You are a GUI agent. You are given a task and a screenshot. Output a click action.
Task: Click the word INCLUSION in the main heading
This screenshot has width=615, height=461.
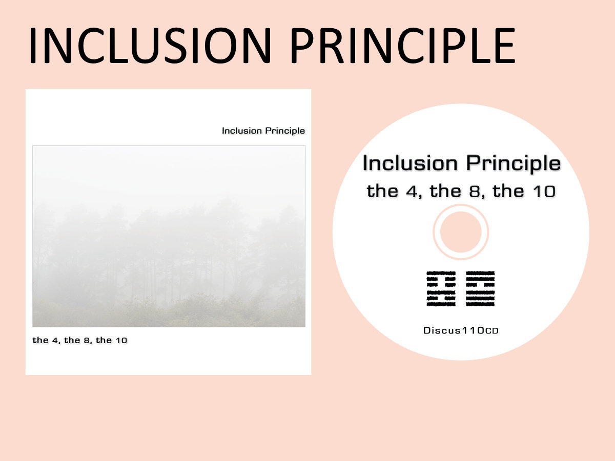coord(150,46)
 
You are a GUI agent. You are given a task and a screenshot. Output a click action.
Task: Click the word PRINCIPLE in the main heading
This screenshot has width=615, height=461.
coord(403,46)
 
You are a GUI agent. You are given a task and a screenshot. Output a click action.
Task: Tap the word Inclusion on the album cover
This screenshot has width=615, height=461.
coord(242,131)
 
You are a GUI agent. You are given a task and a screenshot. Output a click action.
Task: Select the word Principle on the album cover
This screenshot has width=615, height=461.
coord(285,131)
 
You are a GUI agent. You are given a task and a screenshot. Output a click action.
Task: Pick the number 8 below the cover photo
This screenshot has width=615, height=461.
coord(87,340)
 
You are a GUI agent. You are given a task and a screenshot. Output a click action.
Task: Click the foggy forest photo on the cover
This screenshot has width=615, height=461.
coord(169,236)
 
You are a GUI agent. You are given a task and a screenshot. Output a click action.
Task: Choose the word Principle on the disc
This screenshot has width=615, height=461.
coord(514,163)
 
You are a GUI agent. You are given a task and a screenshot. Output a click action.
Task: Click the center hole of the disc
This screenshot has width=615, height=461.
coord(461,232)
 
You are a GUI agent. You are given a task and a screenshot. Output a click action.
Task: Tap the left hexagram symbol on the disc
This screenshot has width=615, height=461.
coord(441,288)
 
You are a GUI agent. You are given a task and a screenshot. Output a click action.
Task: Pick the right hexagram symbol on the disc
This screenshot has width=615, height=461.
coord(480,288)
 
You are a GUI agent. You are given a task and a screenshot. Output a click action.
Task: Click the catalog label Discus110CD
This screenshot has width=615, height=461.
coord(461,330)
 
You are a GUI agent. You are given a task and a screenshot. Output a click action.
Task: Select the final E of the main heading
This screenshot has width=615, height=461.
coord(505,46)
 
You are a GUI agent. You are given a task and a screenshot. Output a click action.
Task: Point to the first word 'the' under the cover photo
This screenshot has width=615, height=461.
coord(40,340)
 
